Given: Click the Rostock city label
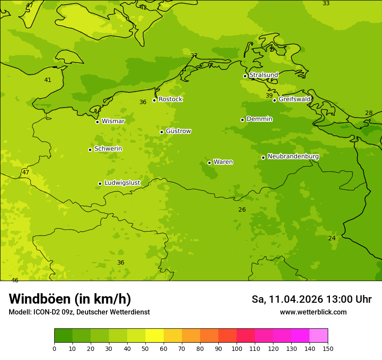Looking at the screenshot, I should click(170, 99).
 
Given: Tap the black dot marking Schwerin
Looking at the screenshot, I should click(90, 150).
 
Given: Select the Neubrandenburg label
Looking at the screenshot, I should click(293, 157).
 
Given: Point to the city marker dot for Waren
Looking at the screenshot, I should click(209, 163).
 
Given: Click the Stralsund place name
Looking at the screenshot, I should click(263, 75).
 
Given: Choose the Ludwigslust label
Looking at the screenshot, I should click(122, 183).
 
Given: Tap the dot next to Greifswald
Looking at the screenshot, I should click(274, 100).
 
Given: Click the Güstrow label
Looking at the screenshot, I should click(178, 131).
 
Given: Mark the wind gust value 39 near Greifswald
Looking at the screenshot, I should click(269, 95).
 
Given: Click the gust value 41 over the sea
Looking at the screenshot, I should click(48, 80).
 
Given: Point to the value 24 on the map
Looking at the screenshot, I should click(332, 238).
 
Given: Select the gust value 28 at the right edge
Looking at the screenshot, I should click(369, 113).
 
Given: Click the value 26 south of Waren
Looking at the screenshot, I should click(242, 209).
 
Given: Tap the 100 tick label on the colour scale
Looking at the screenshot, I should click(237, 349).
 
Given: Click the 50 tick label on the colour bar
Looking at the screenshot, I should click(145, 349).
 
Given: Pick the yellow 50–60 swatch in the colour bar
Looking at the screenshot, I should click(155, 336).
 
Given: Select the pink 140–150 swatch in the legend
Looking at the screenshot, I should click(319, 336).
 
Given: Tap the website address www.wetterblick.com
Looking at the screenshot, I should click(313, 312).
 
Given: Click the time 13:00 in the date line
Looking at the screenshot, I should click(339, 299).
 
